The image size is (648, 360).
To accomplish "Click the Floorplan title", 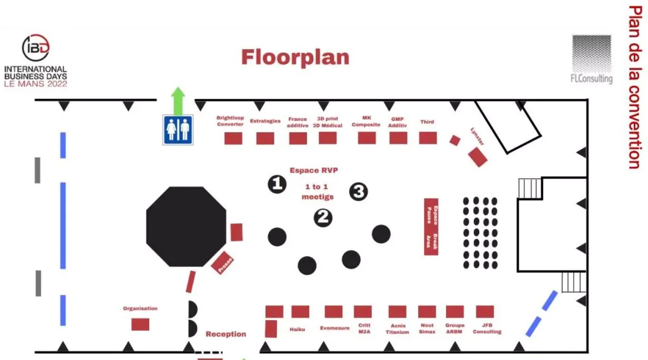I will pyautogui.click(x=295, y=57).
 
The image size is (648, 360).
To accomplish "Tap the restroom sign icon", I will pyautogui.click(x=178, y=130).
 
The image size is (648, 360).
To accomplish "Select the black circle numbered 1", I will pyautogui.click(x=277, y=184).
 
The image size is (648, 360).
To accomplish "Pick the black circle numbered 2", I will pyautogui.click(x=323, y=217).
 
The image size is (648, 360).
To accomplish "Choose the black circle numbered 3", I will pyautogui.click(x=359, y=191).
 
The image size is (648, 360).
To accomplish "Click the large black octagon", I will pyautogui.click(x=186, y=226).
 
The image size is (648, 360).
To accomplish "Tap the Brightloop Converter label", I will pyautogui.click(x=230, y=121).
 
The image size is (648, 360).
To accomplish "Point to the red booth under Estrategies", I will pyautogui.click(x=265, y=138).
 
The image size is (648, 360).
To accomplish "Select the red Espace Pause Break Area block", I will pyautogui.click(x=431, y=226).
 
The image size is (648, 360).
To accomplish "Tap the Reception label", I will pyautogui.click(x=226, y=334).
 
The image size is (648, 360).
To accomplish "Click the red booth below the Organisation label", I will pyautogui.click(x=140, y=324).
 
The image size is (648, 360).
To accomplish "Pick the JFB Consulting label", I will pyautogui.click(x=487, y=329).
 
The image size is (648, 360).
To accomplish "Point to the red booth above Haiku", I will pyautogui.click(x=300, y=312).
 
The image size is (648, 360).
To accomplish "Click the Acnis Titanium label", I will pyautogui.click(x=397, y=329).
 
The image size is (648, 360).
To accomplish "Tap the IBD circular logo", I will pyautogui.click(x=36, y=47).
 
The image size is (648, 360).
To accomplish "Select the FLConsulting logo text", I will pyautogui.click(x=592, y=79).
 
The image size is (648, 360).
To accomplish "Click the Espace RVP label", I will pyautogui.click(x=314, y=171).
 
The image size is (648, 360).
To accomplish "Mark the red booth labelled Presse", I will pyautogui.click(x=222, y=262).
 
